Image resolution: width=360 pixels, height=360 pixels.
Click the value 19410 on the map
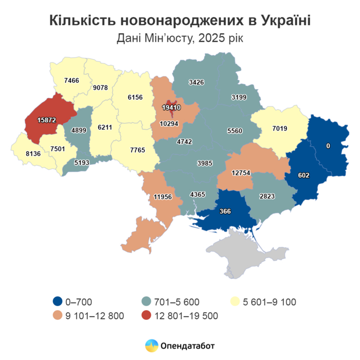click(x=170, y=108)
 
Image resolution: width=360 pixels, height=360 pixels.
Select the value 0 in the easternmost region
click(x=328, y=146)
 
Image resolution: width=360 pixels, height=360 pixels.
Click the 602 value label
click(x=303, y=175)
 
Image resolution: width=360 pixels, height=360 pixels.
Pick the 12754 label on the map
click(x=241, y=173)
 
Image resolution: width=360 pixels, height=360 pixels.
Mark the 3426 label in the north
click(x=197, y=82)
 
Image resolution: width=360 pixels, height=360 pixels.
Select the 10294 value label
click(x=169, y=123)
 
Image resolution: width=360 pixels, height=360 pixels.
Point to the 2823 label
click(x=268, y=196)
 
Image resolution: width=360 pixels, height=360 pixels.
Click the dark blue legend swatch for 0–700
click(x=58, y=302)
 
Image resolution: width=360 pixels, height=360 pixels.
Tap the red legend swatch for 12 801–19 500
click(x=147, y=316)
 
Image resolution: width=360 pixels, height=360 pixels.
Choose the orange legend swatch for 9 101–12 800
click(x=58, y=316)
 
